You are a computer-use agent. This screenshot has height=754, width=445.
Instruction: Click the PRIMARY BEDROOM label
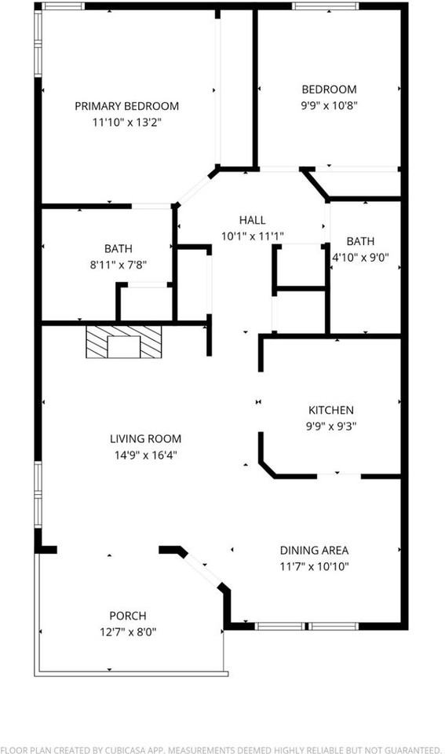[x=126, y=106]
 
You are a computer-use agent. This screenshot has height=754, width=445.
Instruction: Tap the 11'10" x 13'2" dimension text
[x=126, y=122]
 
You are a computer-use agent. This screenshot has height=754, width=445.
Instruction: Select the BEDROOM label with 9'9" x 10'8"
[x=329, y=90]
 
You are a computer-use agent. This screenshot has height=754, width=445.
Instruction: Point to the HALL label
[x=252, y=220]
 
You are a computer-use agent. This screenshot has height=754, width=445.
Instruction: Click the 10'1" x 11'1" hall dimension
[x=252, y=235]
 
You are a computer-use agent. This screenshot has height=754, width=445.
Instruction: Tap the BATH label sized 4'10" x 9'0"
[x=361, y=241]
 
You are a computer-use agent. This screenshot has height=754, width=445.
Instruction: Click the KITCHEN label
[x=330, y=410]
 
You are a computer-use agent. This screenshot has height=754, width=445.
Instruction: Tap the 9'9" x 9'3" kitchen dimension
[x=330, y=426]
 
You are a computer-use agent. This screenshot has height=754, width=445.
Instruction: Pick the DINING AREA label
[x=315, y=551]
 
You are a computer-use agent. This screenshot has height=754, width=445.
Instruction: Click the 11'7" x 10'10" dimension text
[x=315, y=566]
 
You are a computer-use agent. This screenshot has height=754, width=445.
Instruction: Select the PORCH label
[x=127, y=616]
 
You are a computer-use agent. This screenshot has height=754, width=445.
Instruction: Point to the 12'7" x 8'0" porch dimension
[x=127, y=631]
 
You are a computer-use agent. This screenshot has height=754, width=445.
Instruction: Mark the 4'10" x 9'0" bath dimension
[x=361, y=256]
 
